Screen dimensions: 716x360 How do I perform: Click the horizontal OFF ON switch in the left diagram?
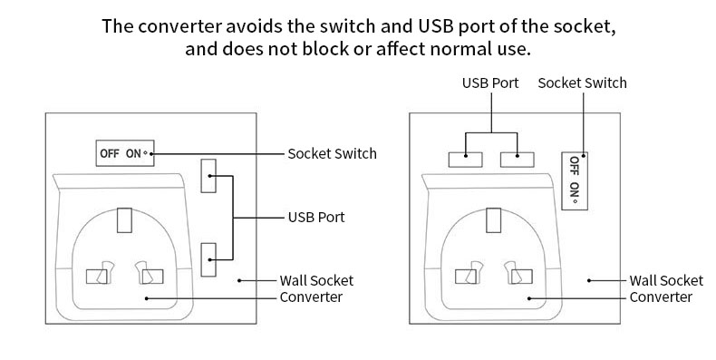pos(125,153)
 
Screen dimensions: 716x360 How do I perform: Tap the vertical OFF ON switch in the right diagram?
pos(575,181)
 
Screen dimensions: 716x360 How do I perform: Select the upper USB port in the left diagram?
pos(208,176)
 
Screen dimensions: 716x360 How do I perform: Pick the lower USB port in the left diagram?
pos(208,259)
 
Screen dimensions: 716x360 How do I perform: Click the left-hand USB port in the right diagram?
pos(465,160)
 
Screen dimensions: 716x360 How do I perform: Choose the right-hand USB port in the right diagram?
pos(518,160)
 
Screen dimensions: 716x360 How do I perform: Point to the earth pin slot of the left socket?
pos(124,220)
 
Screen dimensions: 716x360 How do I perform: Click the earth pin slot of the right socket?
pos(493,220)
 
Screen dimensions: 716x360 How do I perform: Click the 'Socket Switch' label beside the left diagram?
pos(332,153)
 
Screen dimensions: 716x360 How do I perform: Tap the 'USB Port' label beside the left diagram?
pos(316,217)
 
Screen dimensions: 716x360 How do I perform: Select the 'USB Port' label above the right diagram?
pos(490,83)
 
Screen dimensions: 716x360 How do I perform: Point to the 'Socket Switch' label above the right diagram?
pos(582,83)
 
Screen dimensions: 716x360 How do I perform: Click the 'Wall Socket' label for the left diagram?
pos(316,280)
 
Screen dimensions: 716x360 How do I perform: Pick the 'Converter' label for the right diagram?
pos(661,297)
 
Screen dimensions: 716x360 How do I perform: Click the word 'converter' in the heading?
pos(180,26)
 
